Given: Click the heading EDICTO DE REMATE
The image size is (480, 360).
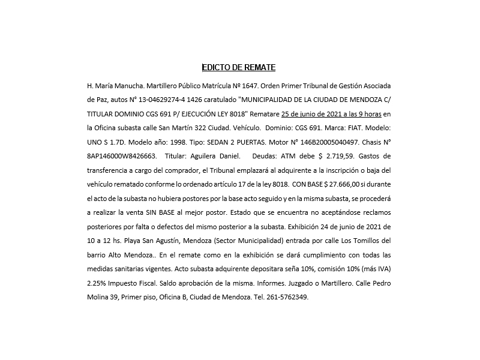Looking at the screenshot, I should click(238, 68).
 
